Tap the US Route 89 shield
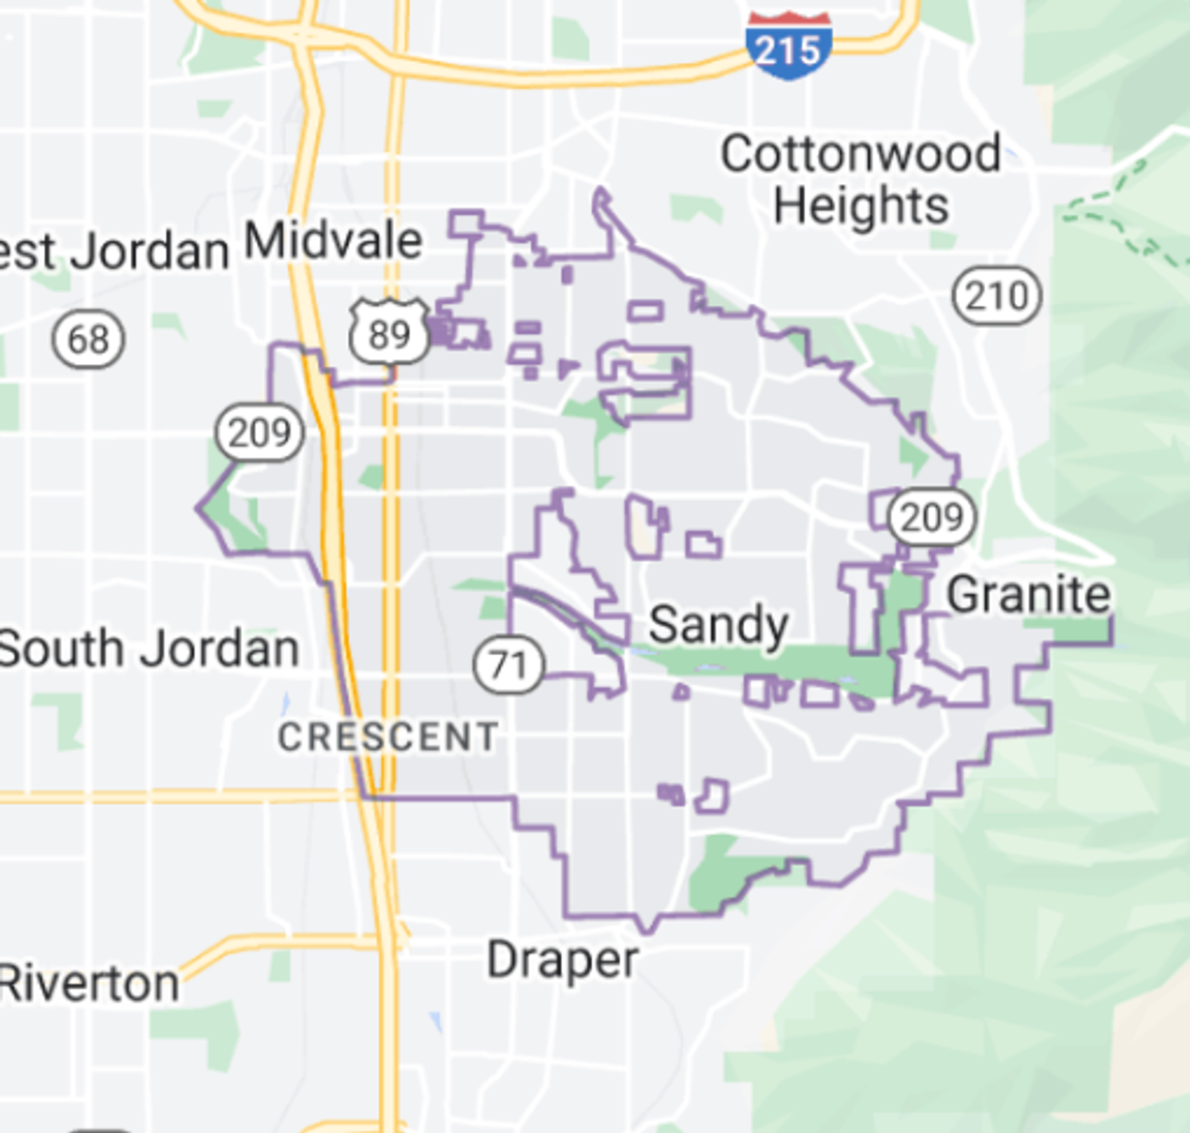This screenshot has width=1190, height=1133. (x=389, y=332)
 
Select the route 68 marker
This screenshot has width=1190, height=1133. (x=88, y=339)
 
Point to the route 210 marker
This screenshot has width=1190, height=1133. (x=997, y=295)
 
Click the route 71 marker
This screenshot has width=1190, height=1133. (x=509, y=665)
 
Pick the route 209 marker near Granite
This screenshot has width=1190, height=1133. (x=931, y=516)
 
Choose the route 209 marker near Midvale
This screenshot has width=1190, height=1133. (x=260, y=432)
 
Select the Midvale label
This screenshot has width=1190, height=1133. (x=333, y=241)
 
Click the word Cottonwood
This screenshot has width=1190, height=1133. (x=861, y=153)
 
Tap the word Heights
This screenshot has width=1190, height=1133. (x=861, y=206)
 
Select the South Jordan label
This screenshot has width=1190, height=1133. (x=149, y=649)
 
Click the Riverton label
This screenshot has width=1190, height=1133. (x=89, y=984)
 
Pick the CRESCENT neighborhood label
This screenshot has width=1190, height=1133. (x=388, y=737)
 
